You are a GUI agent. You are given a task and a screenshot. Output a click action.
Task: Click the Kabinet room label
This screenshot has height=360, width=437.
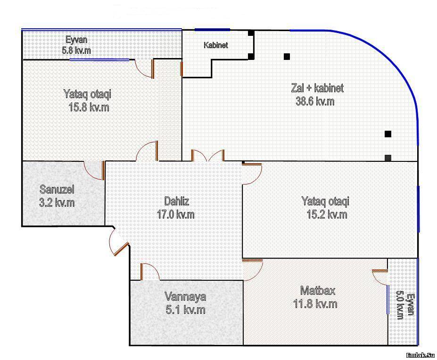[216, 45]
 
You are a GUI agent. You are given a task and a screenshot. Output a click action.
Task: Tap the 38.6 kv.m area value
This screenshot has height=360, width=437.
[315, 101]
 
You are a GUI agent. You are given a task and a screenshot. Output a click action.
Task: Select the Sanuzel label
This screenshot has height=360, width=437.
[57, 189]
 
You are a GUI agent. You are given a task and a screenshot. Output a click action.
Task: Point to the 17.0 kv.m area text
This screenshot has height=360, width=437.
[175, 214]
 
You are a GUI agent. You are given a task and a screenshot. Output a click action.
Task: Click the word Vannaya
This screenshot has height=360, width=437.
[185, 296]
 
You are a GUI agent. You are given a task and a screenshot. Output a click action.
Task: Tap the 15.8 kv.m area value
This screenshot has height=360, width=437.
[89, 107]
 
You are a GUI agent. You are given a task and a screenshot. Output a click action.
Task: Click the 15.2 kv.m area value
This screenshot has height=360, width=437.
[327, 214]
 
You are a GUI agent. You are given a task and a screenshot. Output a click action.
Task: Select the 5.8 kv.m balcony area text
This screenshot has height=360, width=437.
[76, 50]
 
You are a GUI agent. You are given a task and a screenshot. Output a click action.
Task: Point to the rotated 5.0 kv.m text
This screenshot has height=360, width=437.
[400, 305]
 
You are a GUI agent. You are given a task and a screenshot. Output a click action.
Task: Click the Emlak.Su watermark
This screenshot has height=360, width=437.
[421, 355]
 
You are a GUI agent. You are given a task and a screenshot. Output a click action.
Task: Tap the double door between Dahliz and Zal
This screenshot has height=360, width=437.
[208, 156]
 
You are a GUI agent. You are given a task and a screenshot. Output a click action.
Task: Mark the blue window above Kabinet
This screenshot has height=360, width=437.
[212, 29]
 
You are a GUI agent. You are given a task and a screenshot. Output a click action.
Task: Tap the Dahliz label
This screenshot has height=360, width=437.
[176, 201]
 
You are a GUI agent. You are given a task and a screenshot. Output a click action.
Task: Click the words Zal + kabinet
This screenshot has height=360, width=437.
[317, 88]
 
